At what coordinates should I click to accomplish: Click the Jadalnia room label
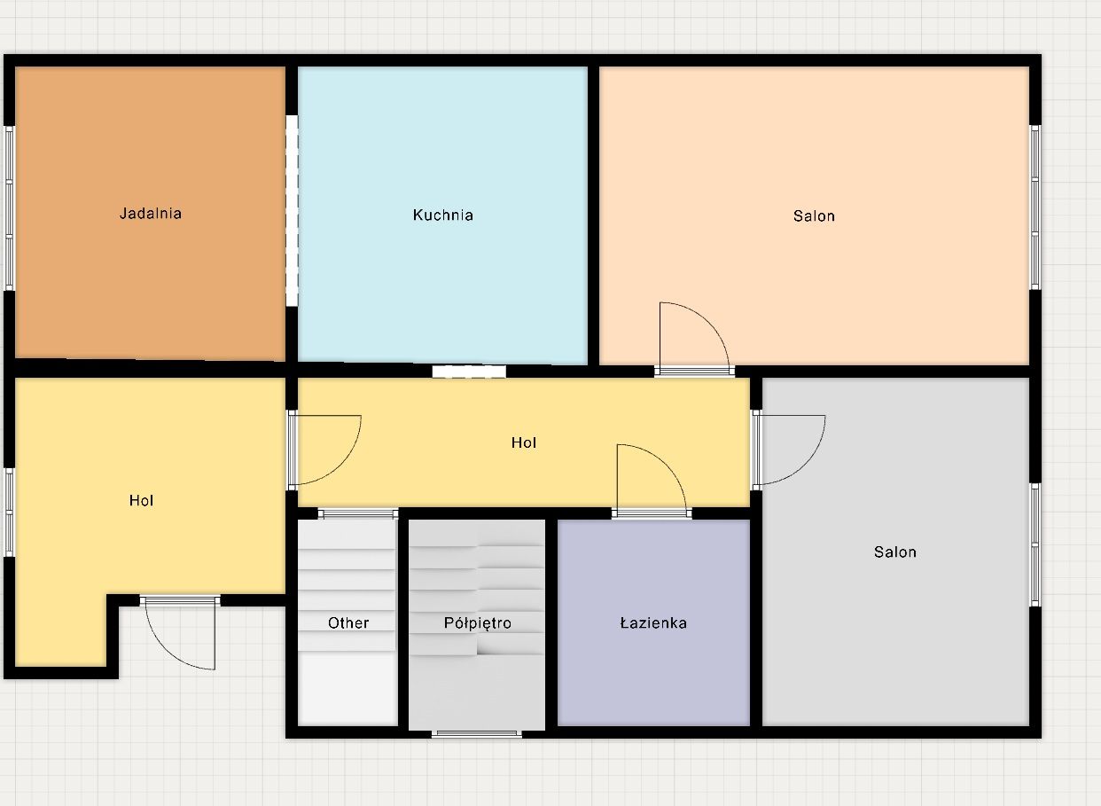click(x=151, y=214)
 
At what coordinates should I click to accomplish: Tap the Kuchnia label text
click(x=443, y=215)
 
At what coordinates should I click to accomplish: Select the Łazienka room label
click(x=653, y=623)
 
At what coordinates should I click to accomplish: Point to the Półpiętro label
click(x=477, y=623)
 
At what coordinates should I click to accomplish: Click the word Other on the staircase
click(x=348, y=623)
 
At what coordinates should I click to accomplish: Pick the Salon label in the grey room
click(x=895, y=552)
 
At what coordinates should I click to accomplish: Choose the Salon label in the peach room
click(x=814, y=215)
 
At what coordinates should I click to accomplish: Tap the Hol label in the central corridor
click(x=524, y=442)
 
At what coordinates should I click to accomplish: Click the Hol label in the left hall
click(x=141, y=501)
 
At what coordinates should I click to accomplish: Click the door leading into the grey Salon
click(x=788, y=450)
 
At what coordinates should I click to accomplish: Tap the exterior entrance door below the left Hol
click(x=180, y=634)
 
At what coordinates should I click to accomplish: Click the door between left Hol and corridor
click(x=325, y=450)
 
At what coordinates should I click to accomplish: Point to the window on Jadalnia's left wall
click(x=9, y=208)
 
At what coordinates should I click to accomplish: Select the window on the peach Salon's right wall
click(x=1035, y=207)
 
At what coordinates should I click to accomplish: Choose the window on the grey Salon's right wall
click(x=1035, y=544)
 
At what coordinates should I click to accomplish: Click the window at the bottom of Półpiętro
click(x=476, y=734)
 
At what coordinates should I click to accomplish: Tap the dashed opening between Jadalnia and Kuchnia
click(x=292, y=210)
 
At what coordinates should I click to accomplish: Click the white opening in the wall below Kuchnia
click(x=469, y=372)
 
